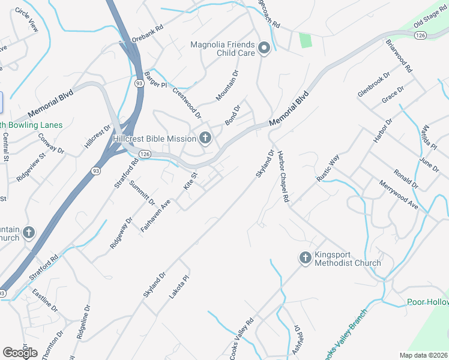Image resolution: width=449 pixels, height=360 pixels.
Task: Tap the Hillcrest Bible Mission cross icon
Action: point(205,139)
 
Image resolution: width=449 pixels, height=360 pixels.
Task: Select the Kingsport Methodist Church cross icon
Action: point(304,258)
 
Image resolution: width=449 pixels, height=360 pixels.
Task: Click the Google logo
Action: point(20,353)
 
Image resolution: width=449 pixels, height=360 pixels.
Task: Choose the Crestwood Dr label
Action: point(187,102)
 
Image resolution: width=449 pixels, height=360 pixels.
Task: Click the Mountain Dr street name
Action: point(227,85)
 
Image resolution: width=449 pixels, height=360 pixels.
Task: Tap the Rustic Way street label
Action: point(328,167)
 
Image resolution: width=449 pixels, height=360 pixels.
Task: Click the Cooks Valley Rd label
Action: point(242,338)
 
